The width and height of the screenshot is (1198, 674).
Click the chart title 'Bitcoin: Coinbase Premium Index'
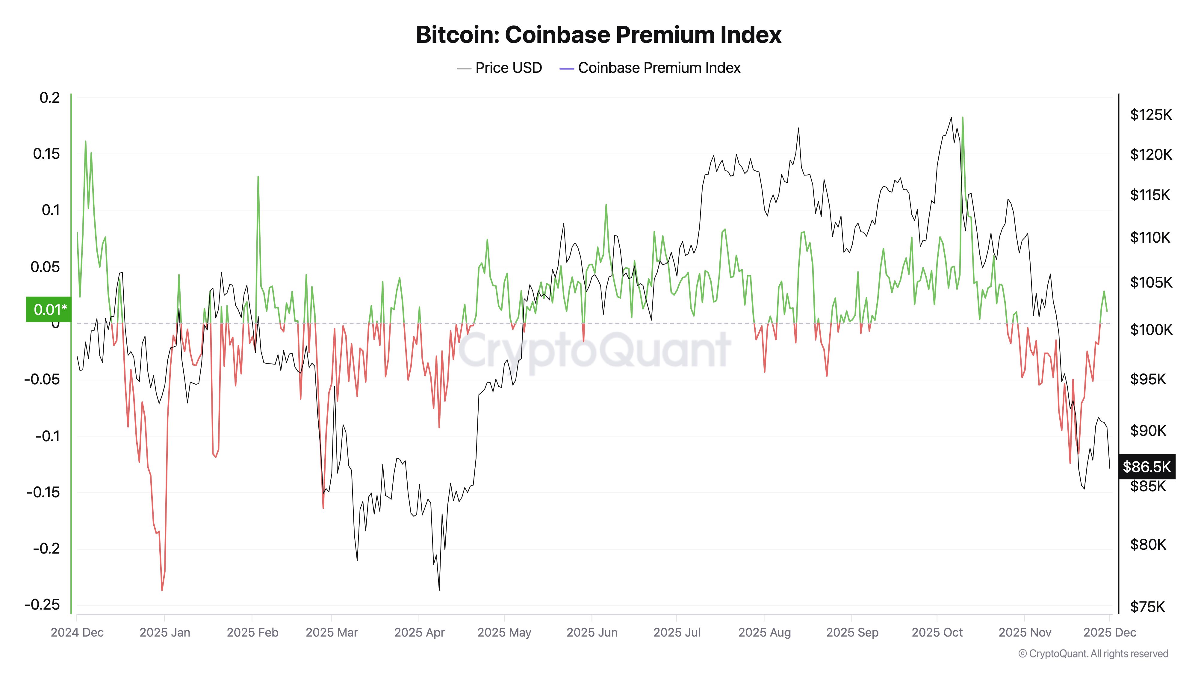click(598, 35)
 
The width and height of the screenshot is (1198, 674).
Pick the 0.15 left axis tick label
click(46, 154)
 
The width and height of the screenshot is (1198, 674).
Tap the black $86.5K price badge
click(1146, 466)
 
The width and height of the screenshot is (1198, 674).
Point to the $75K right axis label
click(1147, 607)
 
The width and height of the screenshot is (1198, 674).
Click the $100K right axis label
click(1151, 330)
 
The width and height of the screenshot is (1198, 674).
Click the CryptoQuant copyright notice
click(1093, 654)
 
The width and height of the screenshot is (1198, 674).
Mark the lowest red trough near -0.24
click(162, 590)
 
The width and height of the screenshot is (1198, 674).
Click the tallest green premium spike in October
click(962, 118)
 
